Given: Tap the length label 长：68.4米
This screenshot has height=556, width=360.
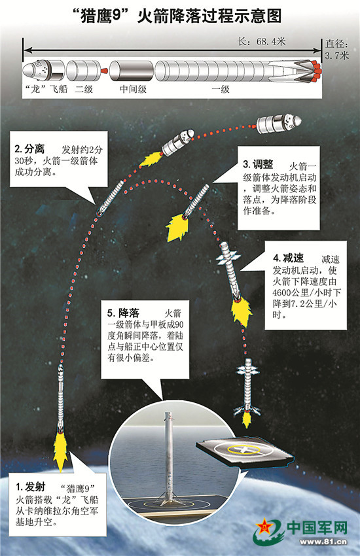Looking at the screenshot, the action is click(261, 41).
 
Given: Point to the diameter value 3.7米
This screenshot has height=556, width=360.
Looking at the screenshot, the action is click(337, 55).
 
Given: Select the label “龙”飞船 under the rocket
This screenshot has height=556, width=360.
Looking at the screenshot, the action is click(46, 89).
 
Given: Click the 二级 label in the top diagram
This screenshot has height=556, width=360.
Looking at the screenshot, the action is click(84, 89).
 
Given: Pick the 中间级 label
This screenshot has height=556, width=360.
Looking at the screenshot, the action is click(133, 89).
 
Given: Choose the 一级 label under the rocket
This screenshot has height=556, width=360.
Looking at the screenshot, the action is click(221, 89).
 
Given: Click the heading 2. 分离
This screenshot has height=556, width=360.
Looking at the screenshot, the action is click(30, 149).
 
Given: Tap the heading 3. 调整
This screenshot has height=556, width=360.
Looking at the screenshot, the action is click(258, 164).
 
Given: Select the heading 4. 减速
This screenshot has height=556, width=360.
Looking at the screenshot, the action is click(288, 258).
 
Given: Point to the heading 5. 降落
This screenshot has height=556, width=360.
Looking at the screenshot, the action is click(124, 313).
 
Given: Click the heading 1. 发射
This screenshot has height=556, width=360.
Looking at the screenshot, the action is click(31, 487).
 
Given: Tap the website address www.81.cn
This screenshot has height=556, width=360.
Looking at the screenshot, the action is click(323, 542).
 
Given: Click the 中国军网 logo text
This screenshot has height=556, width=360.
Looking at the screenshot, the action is click(317, 527).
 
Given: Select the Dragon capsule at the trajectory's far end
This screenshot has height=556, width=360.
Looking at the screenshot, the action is click(279, 124).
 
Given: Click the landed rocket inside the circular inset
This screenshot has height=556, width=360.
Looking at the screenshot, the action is click(169, 458).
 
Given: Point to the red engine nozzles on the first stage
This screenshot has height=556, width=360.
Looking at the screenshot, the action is click(316, 70).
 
